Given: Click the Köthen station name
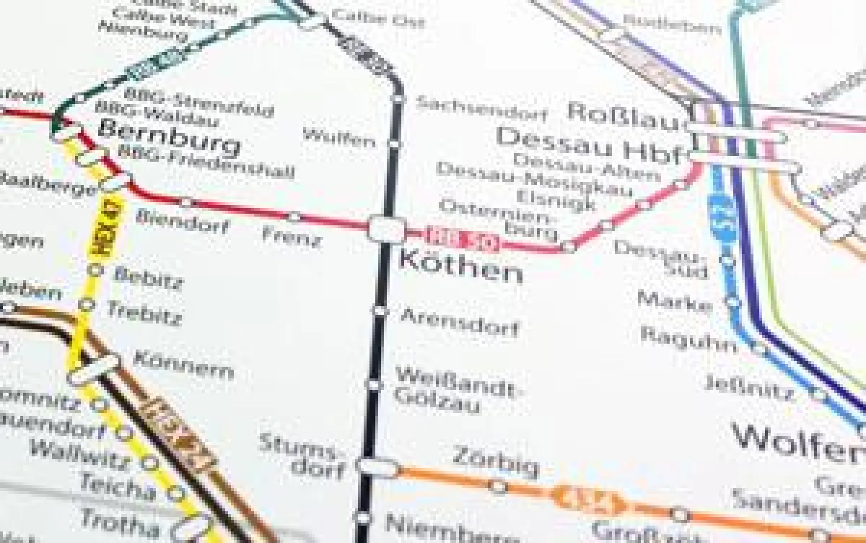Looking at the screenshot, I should pos(460,268).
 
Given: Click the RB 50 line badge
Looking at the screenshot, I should pos(452,238).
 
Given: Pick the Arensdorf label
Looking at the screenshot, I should pos(459,322).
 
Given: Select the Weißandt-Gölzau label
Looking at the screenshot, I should pos(455,390).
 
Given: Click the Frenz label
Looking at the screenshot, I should pos(292,235).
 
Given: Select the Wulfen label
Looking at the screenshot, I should pos(339,136).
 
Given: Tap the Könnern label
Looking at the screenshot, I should pos(183,365).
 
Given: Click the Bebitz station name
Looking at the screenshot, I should pos(148,278).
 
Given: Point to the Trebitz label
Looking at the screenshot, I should pos(144,312).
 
